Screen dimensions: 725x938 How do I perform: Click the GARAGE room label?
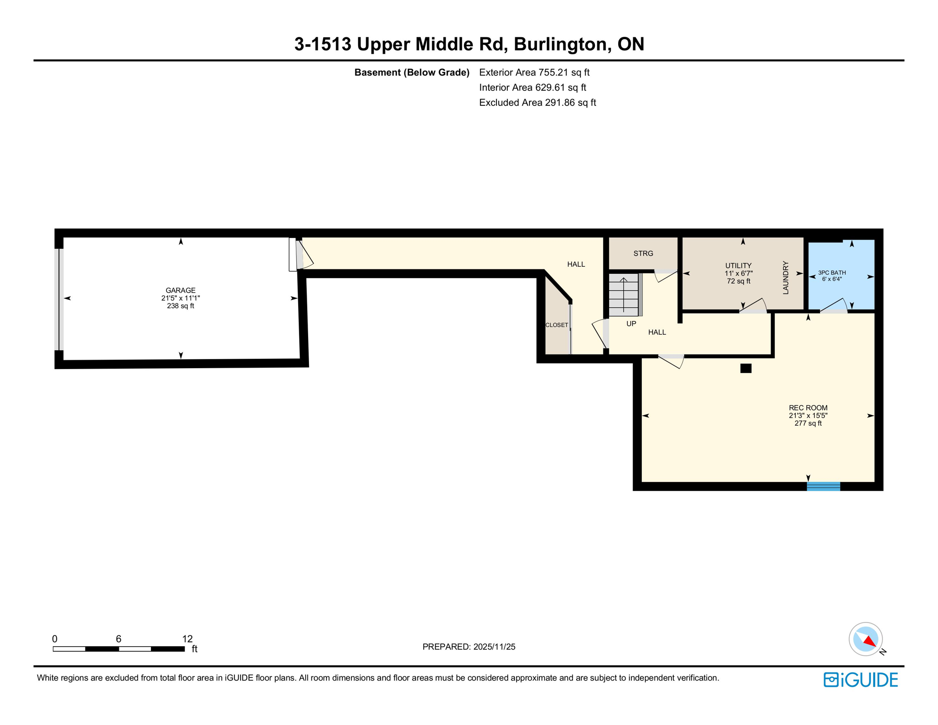click(180, 290)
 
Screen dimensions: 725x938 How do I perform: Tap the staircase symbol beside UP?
click(624, 295)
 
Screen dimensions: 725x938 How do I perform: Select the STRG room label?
click(643, 253)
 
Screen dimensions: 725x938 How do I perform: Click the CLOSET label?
click(557, 325)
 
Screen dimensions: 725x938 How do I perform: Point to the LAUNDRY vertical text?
click(786, 278)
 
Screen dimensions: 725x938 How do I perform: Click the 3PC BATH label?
click(832, 273)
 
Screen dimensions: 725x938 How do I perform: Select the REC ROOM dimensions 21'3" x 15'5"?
click(808, 416)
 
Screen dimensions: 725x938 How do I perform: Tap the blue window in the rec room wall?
click(823, 486)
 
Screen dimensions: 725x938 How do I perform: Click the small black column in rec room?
click(745, 369)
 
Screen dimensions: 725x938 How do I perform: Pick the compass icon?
click(866, 639)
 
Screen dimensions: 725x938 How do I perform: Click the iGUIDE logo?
click(861, 680)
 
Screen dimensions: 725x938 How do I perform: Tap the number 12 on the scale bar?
click(187, 639)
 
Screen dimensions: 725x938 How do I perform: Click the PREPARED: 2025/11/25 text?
click(469, 647)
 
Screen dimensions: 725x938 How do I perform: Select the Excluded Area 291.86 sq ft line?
click(537, 103)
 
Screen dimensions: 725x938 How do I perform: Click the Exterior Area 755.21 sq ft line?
click(534, 73)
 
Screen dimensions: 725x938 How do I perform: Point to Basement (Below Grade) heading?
click(411, 73)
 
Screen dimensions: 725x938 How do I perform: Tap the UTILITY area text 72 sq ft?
click(738, 281)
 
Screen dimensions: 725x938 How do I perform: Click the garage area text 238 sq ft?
click(180, 306)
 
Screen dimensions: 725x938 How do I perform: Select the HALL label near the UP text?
click(657, 332)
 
